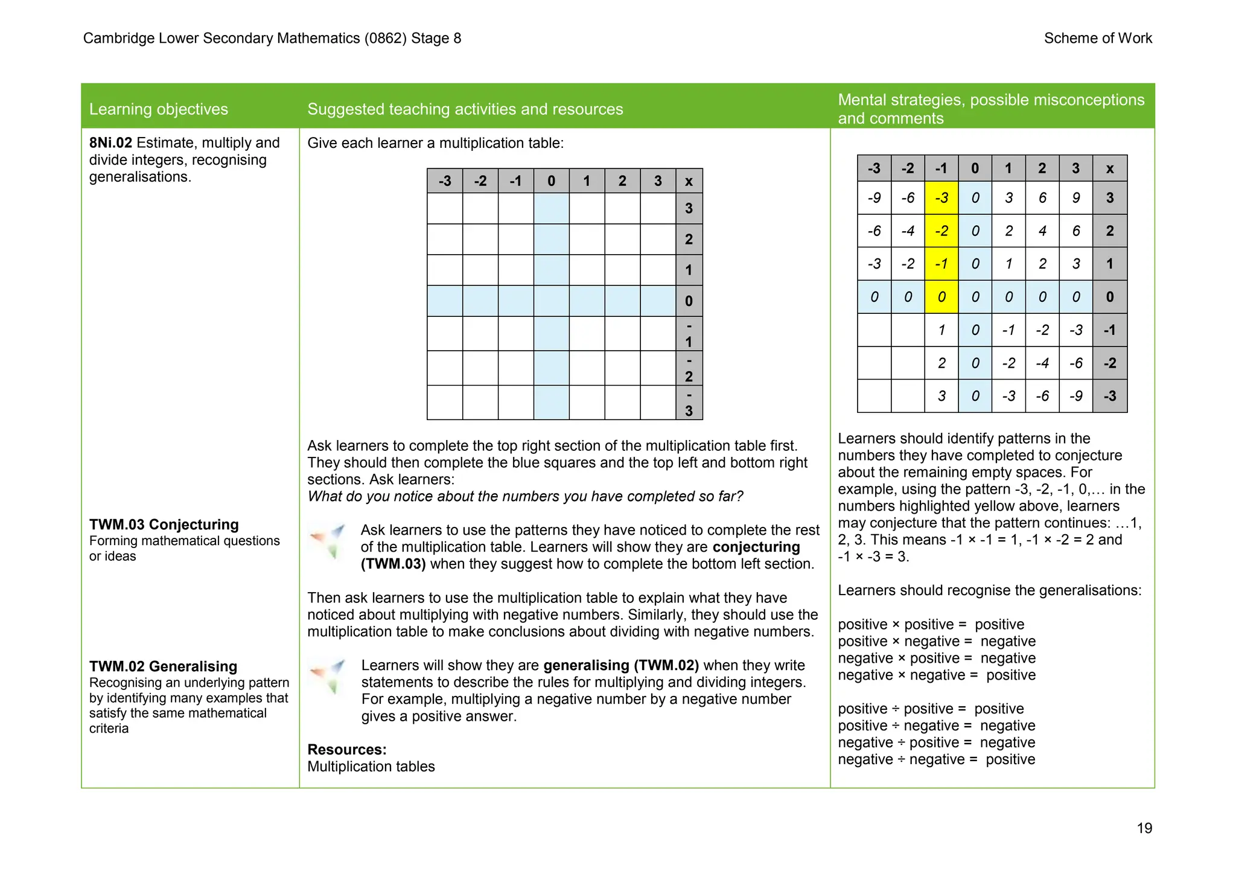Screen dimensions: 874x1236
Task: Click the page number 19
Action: tap(1144, 828)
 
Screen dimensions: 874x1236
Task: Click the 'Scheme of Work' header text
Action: tap(1097, 38)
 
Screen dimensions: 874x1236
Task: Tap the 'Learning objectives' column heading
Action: tap(158, 109)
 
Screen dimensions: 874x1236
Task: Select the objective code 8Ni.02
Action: tap(110, 143)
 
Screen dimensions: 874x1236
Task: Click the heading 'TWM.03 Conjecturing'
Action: tap(164, 525)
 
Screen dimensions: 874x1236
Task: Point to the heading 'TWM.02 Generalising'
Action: tap(163, 666)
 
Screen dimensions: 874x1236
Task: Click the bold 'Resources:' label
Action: tap(346, 750)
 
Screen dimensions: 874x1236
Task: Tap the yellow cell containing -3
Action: tap(941, 198)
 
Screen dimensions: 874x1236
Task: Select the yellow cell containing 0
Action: tap(941, 297)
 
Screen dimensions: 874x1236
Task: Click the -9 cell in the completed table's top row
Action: tap(873, 198)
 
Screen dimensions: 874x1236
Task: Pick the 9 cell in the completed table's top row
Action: tap(1075, 198)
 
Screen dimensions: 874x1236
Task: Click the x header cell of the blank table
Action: tap(689, 181)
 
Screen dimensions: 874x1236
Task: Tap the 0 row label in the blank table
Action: tap(689, 301)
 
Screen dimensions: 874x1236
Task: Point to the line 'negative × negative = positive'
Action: tap(936, 675)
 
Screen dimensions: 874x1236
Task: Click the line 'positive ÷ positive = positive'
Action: tap(930, 709)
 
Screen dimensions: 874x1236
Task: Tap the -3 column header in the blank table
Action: tap(445, 181)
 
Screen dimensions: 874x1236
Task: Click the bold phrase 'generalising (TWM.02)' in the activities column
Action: tap(620, 666)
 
